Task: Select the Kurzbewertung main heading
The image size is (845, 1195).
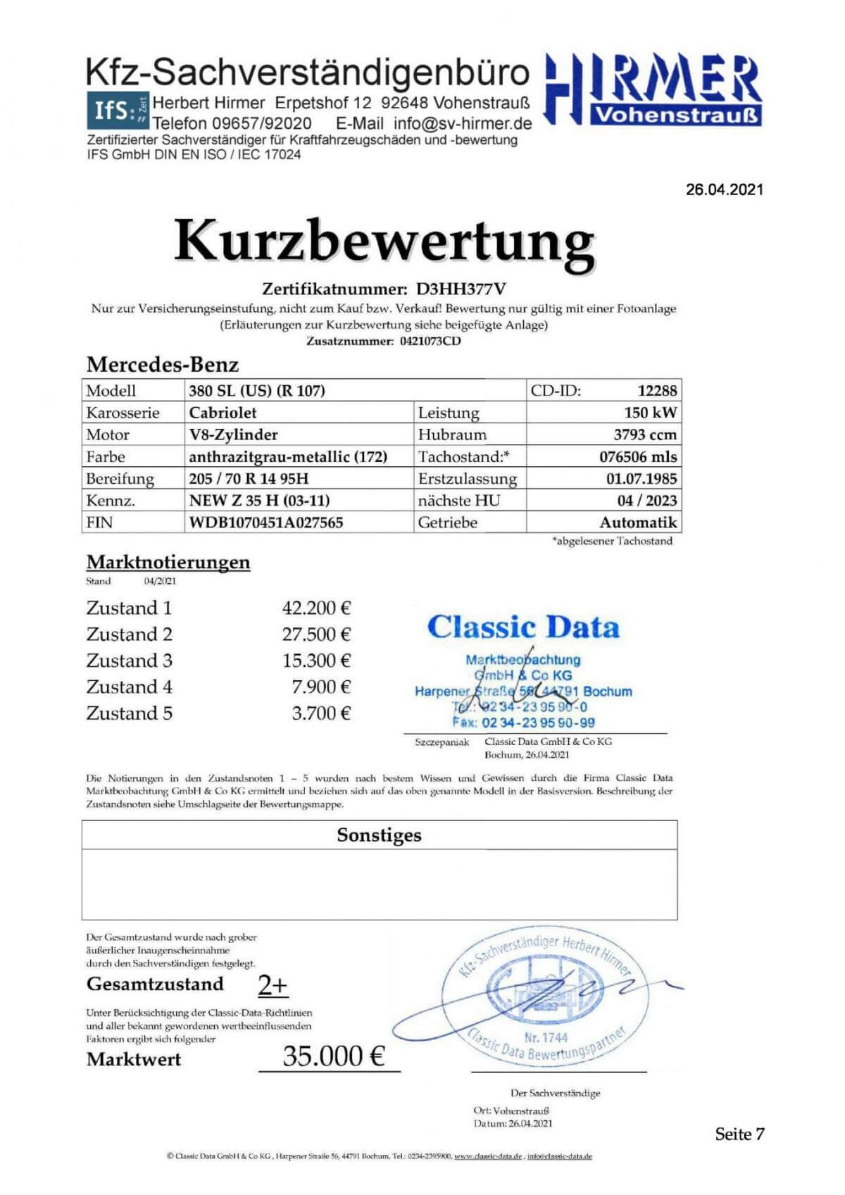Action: point(384,241)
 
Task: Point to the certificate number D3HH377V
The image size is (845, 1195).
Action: point(461,289)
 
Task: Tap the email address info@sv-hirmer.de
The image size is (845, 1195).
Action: point(463,123)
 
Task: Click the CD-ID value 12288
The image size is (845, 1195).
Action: point(656,390)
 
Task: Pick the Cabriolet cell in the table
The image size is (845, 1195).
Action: point(223,413)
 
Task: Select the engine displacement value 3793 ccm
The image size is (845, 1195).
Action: point(645,434)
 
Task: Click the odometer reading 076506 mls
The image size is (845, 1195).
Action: point(638,456)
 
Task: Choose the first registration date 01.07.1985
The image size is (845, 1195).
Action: point(641,479)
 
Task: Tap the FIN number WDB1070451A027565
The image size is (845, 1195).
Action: point(266,523)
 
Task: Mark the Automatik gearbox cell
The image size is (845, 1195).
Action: point(638,523)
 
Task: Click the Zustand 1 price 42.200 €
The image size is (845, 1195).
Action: point(316,608)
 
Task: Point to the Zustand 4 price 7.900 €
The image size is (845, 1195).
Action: point(321,687)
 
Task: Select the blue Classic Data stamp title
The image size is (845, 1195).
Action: point(523,627)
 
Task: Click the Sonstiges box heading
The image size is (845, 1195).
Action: point(379,835)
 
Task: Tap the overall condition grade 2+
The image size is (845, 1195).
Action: point(273,985)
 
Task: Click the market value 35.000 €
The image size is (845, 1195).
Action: point(334,1056)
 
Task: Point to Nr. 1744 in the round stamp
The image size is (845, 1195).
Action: point(546,1037)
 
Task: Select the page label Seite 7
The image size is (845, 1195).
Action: point(739,1134)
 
